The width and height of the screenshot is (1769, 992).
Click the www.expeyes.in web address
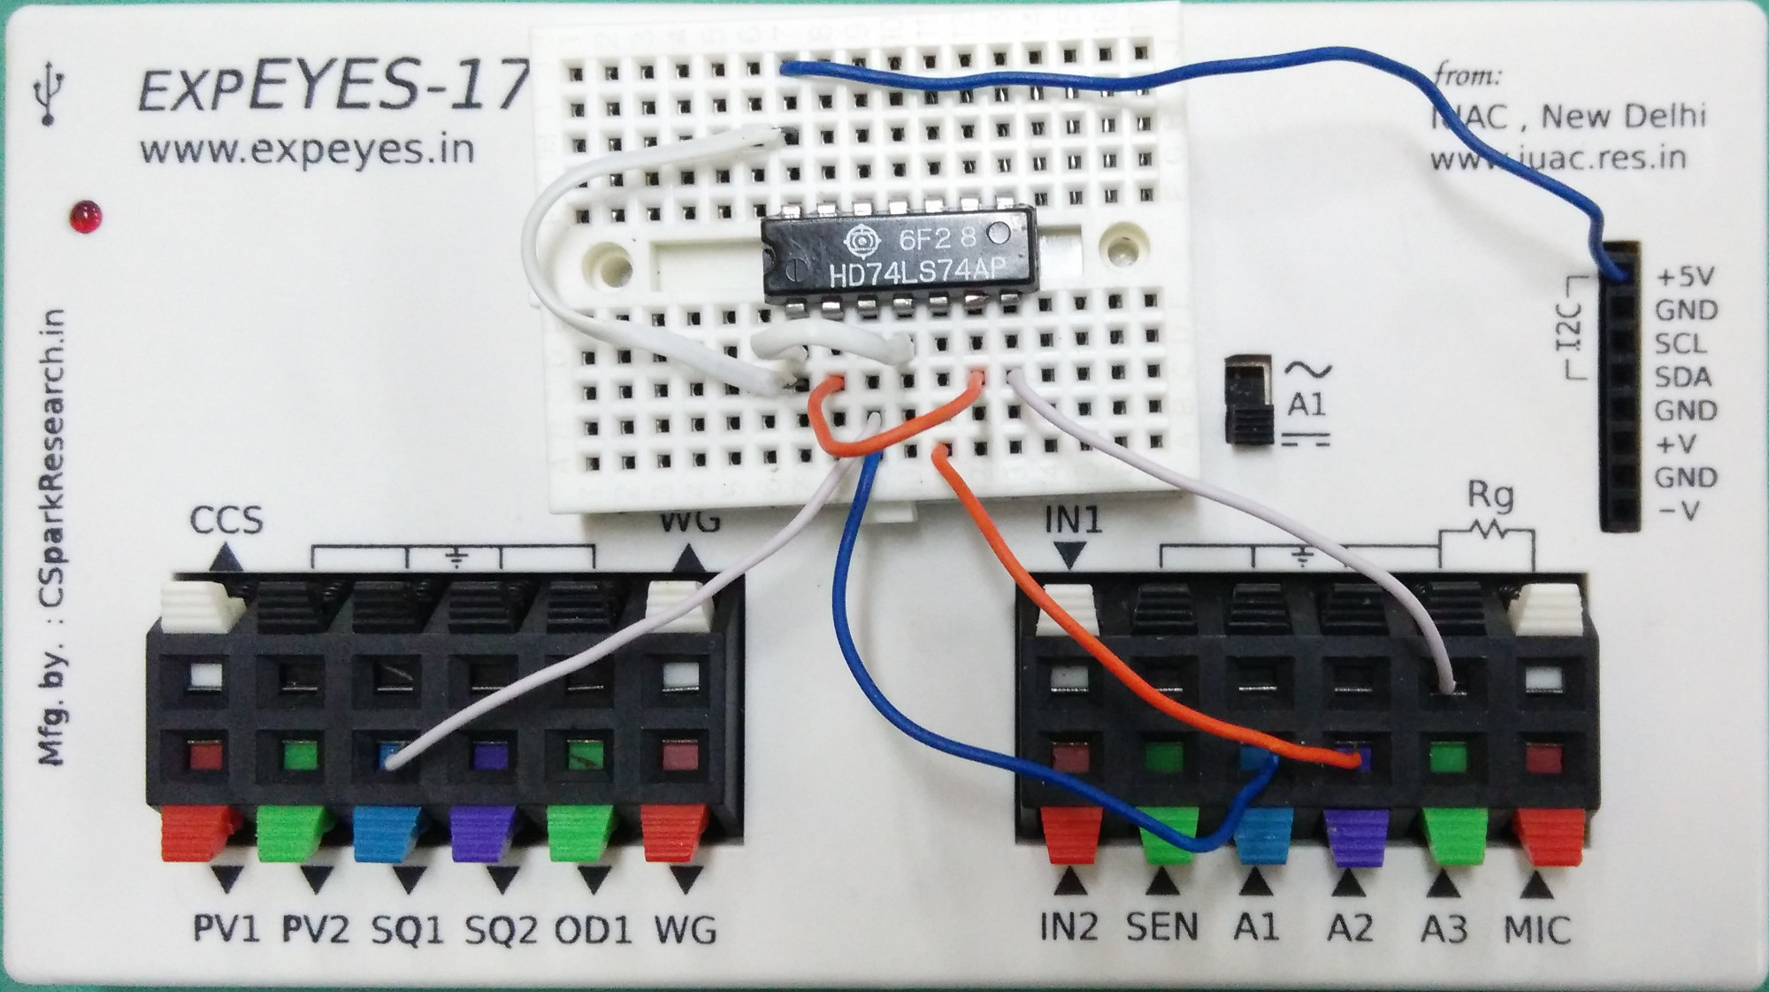(x=307, y=150)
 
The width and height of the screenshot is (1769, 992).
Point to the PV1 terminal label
(x=226, y=930)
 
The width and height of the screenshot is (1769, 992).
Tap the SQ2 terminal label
(x=502, y=930)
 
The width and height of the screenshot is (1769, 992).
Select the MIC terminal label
(x=1537, y=930)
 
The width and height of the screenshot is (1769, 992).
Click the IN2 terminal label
(x=1068, y=927)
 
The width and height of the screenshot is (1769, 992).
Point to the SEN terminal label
(x=1161, y=927)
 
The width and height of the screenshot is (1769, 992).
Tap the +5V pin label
(x=1686, y=278)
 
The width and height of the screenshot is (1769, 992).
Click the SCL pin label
(x=1681, y=344)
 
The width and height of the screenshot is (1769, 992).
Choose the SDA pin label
(x=1682, y=378)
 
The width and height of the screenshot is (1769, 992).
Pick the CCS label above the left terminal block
(x=226, y=520)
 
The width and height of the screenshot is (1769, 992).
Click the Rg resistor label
(x=1490, y=497)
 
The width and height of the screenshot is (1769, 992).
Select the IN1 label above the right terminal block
(x=1073, y=521)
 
